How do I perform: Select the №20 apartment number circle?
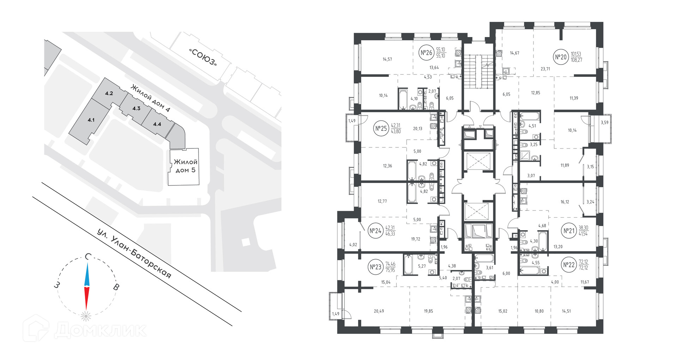pos(561,57)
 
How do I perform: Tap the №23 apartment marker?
pos(376,267)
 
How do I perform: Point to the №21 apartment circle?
pos(569,231)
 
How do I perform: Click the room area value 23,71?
pos(545,69)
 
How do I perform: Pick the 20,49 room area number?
pos(379,311)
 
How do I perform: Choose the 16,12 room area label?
pos(565,202)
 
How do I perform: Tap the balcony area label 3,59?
pos(604,123)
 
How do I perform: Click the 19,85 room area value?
pos(428,311)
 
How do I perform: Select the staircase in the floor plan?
pos(478,72)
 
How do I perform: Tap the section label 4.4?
pos(157,124)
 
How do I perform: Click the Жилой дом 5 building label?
pos(185,166)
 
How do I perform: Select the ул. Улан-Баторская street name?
pos(134,254)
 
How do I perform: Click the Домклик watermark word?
pos(100,330)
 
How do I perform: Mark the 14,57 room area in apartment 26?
pos(387,59)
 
